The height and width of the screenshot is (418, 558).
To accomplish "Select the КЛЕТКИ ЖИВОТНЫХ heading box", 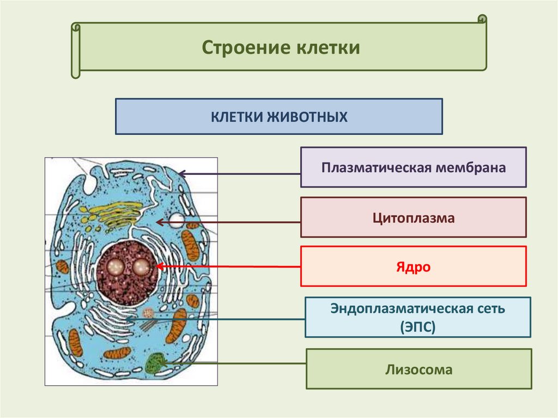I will tap(278, 116).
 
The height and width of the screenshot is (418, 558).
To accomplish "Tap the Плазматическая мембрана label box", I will tap(413, 167).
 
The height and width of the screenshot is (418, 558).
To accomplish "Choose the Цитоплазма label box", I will tap(413, 217).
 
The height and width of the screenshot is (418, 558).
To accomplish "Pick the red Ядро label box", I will tap(413, 266).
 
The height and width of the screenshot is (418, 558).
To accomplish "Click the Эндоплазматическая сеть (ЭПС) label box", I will tap(417, 317).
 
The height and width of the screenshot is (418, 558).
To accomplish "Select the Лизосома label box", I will tap(418, 369).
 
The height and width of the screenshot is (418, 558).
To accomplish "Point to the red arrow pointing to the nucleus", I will tap(229, 266).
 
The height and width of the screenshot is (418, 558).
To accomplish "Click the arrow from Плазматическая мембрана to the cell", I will tap(240, 174).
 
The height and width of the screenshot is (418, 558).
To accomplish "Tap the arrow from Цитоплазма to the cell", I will tap(229, 222).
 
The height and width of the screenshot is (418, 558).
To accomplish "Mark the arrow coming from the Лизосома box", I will tap(234, 362).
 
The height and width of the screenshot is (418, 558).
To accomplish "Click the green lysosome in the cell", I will tap(157, 363).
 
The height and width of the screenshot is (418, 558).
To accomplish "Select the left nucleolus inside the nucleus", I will tap(116, 266).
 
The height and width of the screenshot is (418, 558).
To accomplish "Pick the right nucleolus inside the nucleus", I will tap(141, 266).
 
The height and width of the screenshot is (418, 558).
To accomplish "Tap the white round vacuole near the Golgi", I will tap(176, 220).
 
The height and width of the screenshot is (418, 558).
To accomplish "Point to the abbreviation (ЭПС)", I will tap(417, 326).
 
